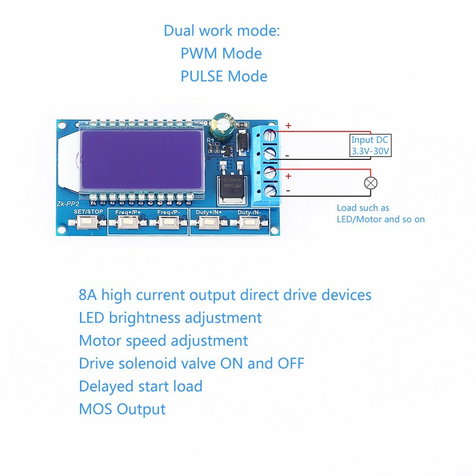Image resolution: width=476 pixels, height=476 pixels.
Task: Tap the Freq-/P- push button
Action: point(169,221)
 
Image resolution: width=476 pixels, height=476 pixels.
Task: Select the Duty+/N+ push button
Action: point(209,221)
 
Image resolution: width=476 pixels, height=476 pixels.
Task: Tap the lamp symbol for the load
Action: point(370,183)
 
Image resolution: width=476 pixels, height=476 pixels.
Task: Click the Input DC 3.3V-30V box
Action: point(370,146)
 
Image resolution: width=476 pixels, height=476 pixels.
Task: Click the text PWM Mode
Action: point(221,53)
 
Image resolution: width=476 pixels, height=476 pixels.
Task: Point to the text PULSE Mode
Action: point(224,76)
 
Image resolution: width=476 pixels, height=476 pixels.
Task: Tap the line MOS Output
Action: point(122,409)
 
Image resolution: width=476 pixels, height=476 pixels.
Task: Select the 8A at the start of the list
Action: point(88,295)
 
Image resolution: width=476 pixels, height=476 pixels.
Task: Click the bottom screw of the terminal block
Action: point(271,191)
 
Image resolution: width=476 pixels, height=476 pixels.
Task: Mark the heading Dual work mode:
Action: point(222,30)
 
